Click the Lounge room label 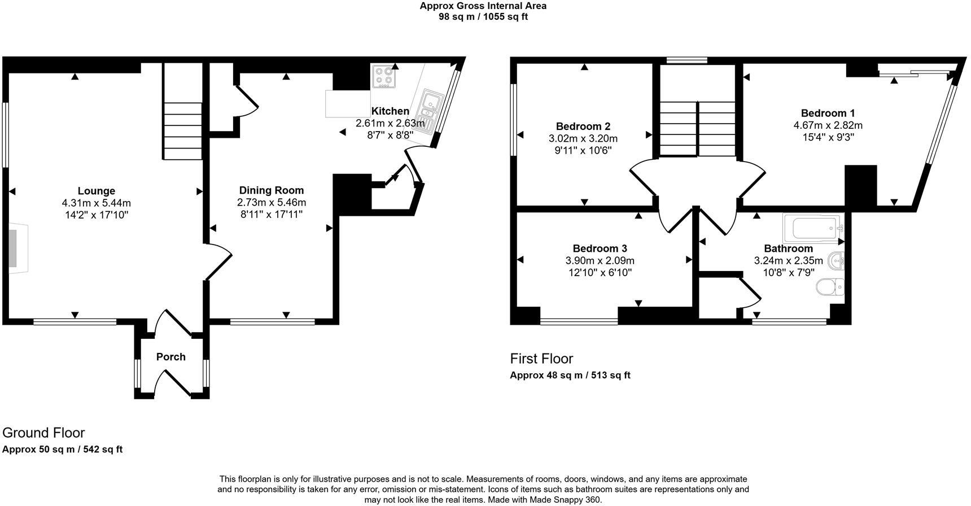click(97, 191)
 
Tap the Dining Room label click(271, 190)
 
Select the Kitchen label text click(390, 111)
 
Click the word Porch click(170, 357)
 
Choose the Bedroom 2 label click(583, 127)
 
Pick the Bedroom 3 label click(600, 248)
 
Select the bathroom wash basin click(836, 261)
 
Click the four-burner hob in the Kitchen click(384, 76)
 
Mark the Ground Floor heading click(43, 433)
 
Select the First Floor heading click(541, 359)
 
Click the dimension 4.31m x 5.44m click(97, 203)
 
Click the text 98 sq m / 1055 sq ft click(483, 16)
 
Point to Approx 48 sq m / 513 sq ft click(570, 375)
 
